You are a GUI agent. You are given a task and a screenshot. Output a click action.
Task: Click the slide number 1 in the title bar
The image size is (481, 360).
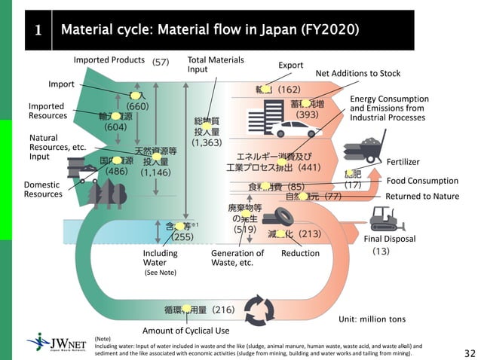(38, 31)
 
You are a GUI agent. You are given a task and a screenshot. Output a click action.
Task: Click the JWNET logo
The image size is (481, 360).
(57, 343)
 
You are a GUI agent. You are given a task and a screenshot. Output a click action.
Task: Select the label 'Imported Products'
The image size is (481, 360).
(109, 60)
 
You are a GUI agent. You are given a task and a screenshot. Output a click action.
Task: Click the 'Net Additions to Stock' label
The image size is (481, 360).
(357, 74)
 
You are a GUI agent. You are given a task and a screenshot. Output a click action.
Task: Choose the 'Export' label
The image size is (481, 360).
(290, 66)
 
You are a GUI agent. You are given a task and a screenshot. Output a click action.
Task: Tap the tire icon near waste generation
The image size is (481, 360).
(283, 216)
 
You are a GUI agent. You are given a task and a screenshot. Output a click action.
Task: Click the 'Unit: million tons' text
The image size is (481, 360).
(372, 319)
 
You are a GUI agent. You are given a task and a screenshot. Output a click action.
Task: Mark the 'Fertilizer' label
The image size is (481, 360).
(403, 162)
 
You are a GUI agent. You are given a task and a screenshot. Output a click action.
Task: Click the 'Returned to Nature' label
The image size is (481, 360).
(421, 197)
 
